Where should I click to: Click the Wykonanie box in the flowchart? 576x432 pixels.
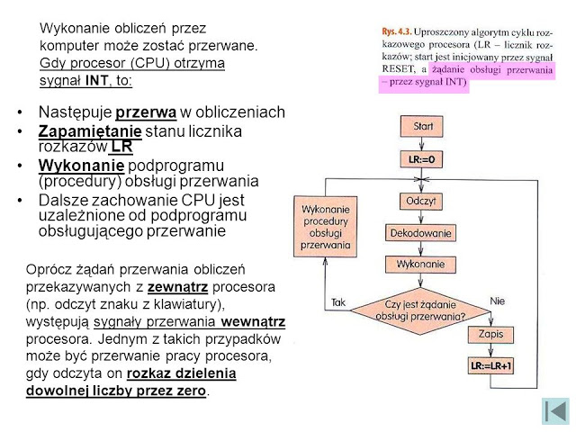click(416, 265)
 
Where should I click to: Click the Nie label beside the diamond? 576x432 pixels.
click(497, 299)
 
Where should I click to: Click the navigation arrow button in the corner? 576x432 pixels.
click(554, 409)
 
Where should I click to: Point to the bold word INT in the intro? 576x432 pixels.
click(96, 80)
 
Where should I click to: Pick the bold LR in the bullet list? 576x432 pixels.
click(122, 147)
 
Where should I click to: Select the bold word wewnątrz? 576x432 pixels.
click(254, 321)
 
